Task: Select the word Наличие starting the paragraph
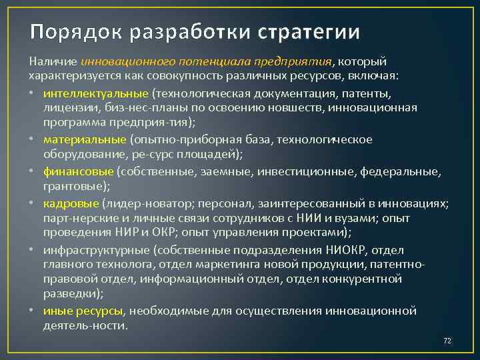click(x=53, y=62)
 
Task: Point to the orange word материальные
click(x=85, y=139)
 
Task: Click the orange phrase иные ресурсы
click(x=83, y=311)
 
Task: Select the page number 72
click(x=447, y=341)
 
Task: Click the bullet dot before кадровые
click(x=33, y=203)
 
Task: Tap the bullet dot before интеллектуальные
click(x=33, y=93)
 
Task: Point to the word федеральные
click(x=399, y=171)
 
